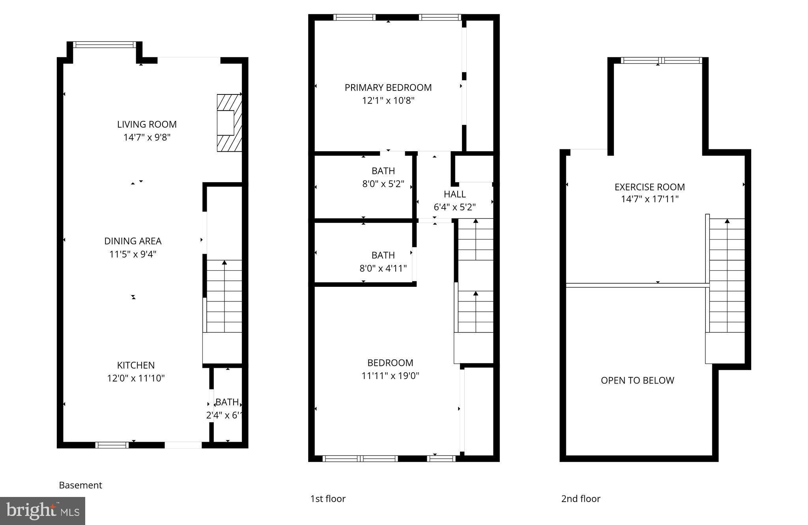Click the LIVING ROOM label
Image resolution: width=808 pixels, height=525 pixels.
tap(147, 124)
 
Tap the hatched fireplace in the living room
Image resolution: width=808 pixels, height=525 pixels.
tap(229, 122)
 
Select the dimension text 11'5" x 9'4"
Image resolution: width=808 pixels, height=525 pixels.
tap(133, 254)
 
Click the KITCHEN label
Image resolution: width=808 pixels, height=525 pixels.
tap(136, 365)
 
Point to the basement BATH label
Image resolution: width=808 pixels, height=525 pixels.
tap(227, 402)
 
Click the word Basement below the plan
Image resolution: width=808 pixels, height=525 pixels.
tap(80, 485)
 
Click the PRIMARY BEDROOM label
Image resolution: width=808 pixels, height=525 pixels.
tap(388, 88)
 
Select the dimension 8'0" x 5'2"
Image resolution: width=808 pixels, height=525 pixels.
tap(383, 184)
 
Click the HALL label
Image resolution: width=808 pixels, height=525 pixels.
tap(454, 194)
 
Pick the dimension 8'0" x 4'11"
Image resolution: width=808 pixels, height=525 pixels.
tap(383, 269)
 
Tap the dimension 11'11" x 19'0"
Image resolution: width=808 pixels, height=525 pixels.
tap(390, 376)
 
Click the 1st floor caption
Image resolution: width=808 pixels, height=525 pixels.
tap(328, 499)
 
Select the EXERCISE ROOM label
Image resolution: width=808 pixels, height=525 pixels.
tap(649, 187)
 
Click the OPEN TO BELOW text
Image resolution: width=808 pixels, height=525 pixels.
tap(637, 380)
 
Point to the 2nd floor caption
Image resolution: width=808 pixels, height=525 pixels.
tap(581, 499)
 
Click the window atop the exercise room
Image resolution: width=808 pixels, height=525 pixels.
tap(661, 60)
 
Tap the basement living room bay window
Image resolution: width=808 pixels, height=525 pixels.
tap(105, 45)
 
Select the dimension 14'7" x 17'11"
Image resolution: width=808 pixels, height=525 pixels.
tap(649, 199)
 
